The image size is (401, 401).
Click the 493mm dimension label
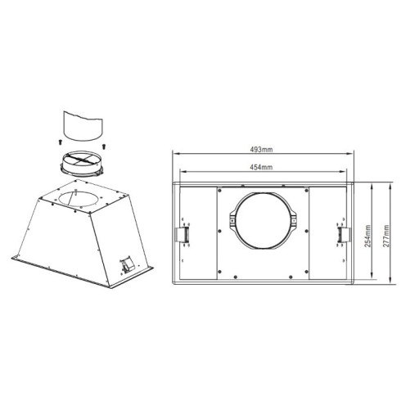(x=263, y=149)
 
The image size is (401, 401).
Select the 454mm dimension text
(x=262, y=167)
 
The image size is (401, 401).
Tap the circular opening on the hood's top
(x=80, y=196)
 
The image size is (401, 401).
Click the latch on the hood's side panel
(x=127, y=263)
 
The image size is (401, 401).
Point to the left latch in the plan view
(x=185, y=234)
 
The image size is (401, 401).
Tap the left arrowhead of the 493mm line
(x=173, y=155)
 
